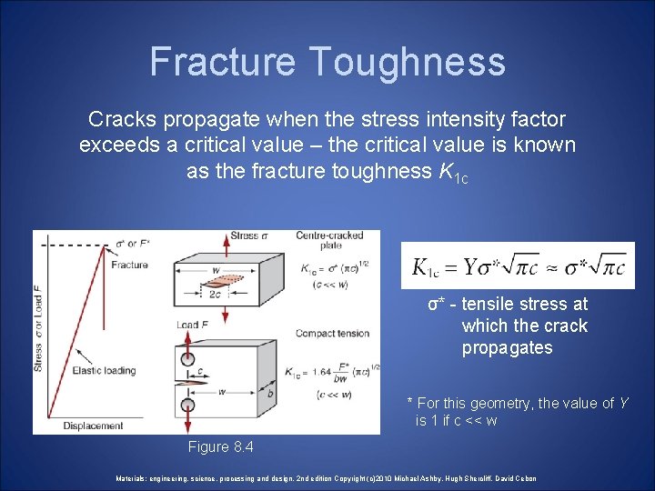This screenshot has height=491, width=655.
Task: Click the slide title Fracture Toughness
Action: click(x=327, y=61)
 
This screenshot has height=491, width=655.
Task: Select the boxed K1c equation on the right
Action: click(x=518, y=266)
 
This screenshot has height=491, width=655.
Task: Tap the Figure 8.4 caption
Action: click(x=220, y=447)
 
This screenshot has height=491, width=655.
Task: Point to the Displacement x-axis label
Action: click(x=94, y=425)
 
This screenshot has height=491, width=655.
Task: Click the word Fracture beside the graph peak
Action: click(x=129, y=266)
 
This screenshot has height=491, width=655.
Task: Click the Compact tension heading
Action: click(x=332, y=333)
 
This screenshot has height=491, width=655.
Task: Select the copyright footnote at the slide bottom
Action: click(x=327, y=478)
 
